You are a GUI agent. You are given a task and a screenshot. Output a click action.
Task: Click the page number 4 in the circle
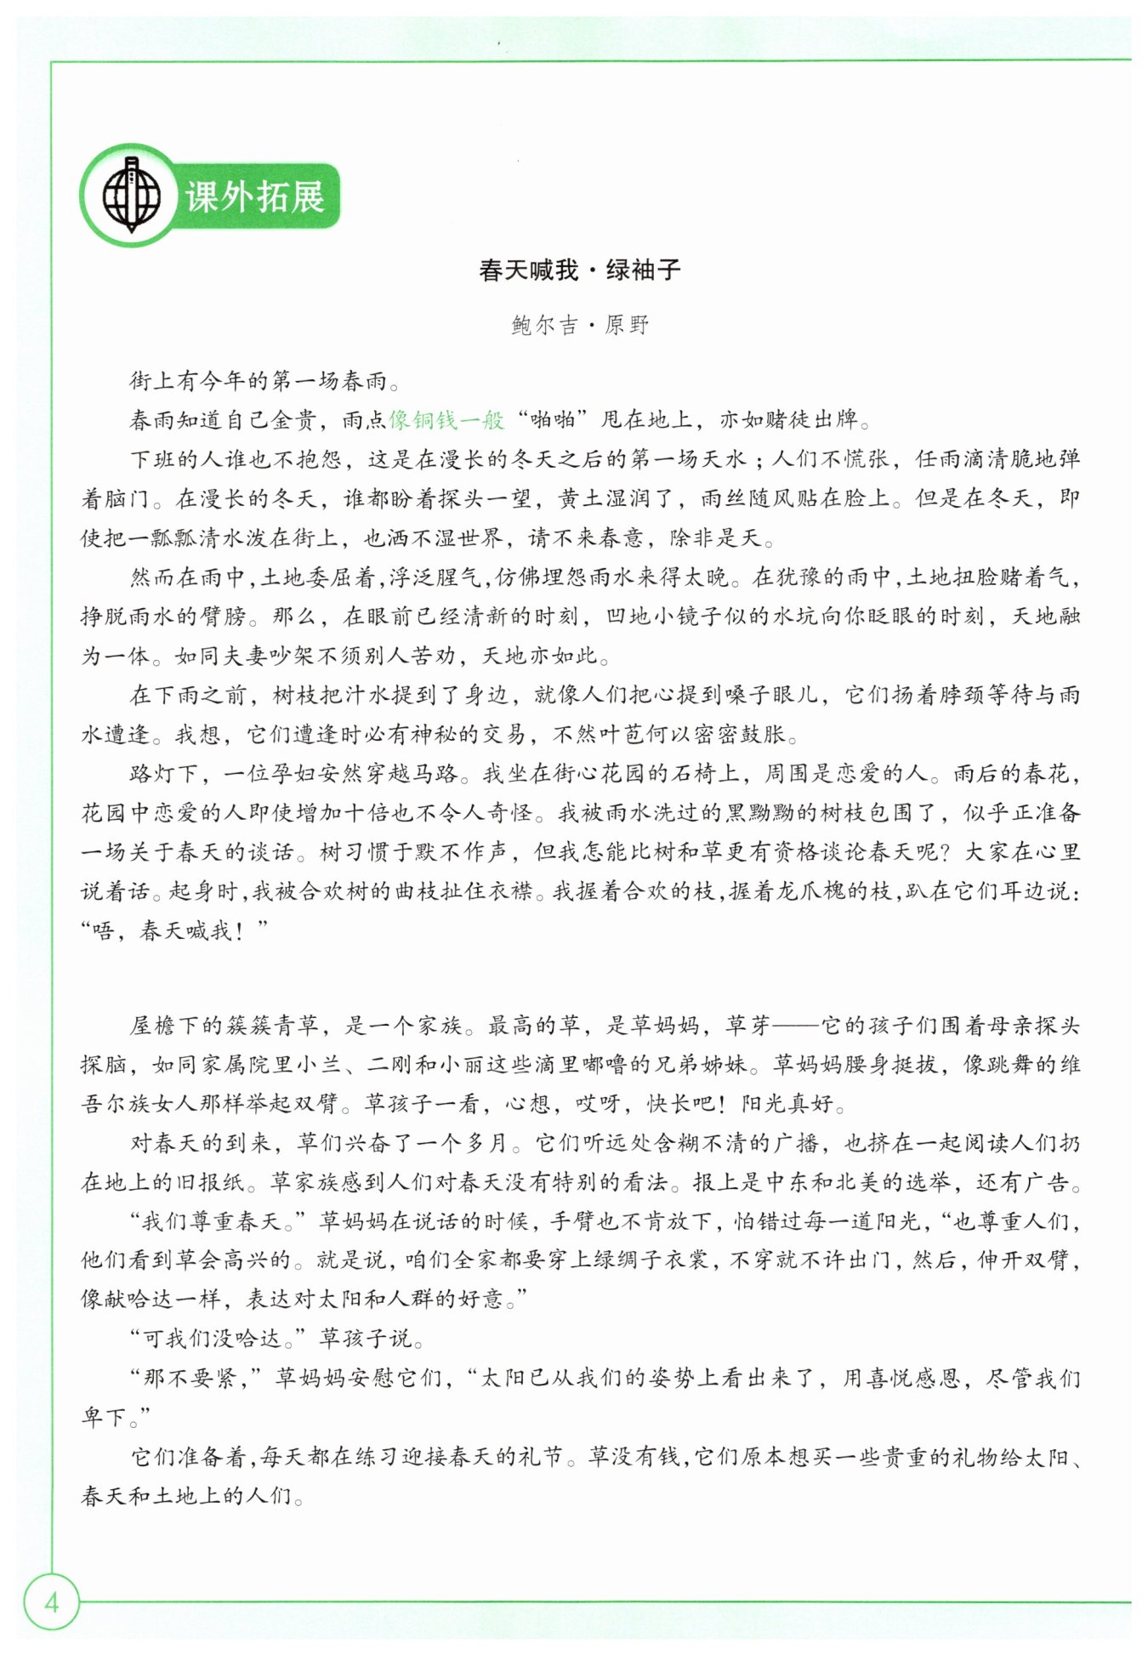pyautogui.click(x=51, y=1602)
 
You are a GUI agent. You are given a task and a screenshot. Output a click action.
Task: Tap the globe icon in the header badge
pyautogui.click(x=131, y=196)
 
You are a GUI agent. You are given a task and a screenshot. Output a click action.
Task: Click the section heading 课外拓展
pyautogui.click(x=254, y=197)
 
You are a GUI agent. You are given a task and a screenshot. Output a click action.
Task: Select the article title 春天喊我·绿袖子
pyautogui.click(x=579, y=270)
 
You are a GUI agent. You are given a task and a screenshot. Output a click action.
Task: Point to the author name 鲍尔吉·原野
pyautogui.click(x=580, y=325)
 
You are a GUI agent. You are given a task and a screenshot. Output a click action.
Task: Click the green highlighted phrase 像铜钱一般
pyautogui.click(x=446, y=420)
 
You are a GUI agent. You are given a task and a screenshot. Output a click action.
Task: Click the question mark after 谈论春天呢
pyautogui.click(x=939, y=852)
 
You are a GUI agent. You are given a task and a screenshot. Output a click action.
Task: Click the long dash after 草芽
pyautogui.click(x=794, y=1026)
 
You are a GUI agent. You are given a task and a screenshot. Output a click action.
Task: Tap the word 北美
pyautogui.click(x=882, y=1182)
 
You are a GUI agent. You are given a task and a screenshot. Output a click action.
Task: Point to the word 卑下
pyautogui.click(x=104, y=1417)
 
